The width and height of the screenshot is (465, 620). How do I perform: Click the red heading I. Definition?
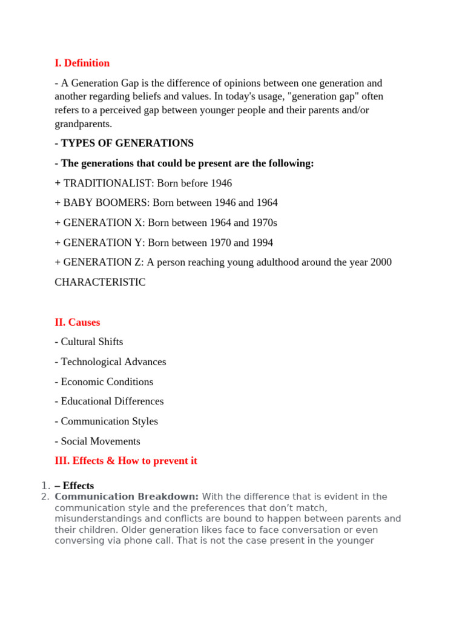tap(82, 63)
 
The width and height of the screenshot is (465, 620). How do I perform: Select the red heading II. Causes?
tap(77, 322)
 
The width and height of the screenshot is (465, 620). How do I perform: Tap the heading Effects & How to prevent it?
tap(126, 461)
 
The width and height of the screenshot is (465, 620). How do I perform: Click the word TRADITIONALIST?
tap(108, 183)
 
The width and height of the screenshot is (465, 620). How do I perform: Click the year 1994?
tap(261, 243)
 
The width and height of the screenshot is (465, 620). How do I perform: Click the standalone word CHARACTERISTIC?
tap(100, 282)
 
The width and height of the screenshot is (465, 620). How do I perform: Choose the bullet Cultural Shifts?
tap(91, 341)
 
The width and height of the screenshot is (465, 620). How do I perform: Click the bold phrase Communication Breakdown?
tap(127, 496)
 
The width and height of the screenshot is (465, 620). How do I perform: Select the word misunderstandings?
tap(99, 518)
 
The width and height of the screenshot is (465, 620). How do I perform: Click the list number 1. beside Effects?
tap(44, 486)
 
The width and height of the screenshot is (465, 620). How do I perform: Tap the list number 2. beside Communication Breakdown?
tap(44, 496)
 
